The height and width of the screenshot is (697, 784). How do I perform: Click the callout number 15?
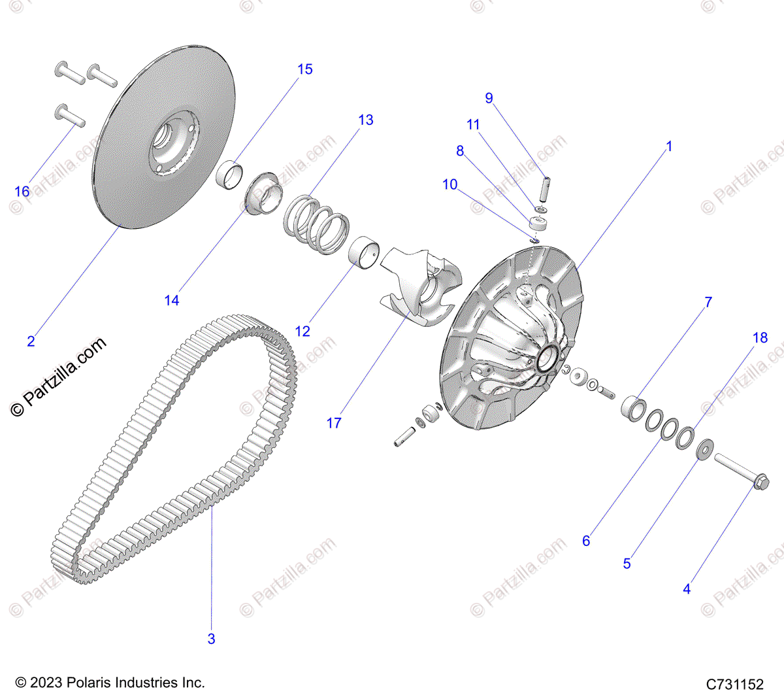(305, 69)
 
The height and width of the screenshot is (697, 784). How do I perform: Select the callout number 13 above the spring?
(366, 120)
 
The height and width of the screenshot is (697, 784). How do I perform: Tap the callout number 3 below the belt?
(211, 639)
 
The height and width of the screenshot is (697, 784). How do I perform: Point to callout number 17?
(334, 423)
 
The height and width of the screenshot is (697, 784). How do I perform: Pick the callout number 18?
(760, 337)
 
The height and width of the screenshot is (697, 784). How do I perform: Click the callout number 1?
(668, 146)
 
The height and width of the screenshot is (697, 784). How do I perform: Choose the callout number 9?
(489, 98)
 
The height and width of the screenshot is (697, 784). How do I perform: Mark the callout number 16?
(22, 191)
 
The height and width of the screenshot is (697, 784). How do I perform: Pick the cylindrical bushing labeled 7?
(632, 409)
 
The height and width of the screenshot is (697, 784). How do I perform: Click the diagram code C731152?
(734, 684)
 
